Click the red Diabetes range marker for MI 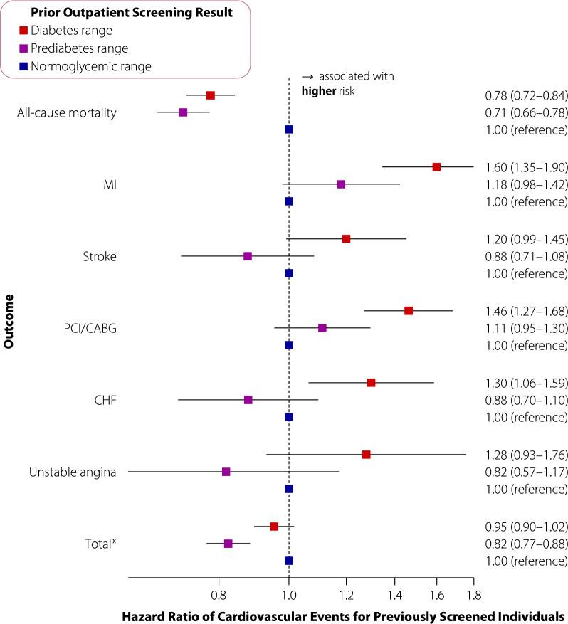(x=436, y=166)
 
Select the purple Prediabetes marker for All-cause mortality (x=183, y=112)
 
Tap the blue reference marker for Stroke (x=288, y=273)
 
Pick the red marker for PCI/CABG (x=409, y=310)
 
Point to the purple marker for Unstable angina (x=226, y=471)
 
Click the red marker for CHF (x=371, y=382)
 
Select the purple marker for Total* (x=228, y=543)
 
